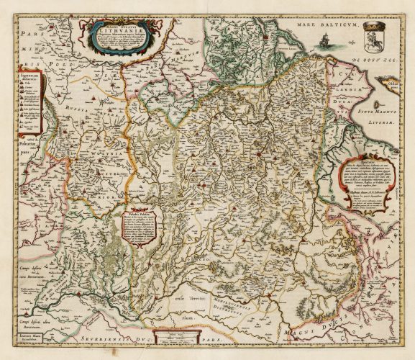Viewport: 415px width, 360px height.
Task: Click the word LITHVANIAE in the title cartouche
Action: [x=111, y=32]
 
